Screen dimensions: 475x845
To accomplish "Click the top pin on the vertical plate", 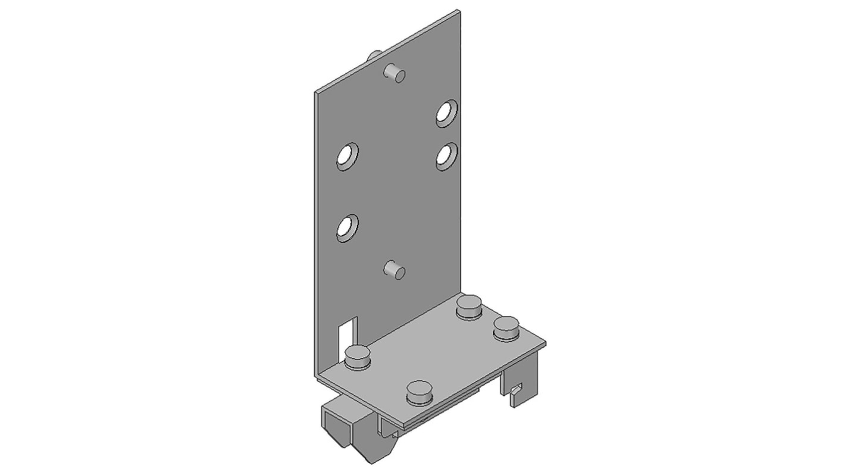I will [x=395, y=73].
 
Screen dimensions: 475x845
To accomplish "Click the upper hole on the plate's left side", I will [x=347, y=157].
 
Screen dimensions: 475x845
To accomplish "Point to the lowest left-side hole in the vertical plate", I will [x=346, y=227].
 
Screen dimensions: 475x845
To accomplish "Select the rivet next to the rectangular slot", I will [x=358, y=358].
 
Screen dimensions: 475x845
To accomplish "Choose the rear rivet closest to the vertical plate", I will [x=470, y=307].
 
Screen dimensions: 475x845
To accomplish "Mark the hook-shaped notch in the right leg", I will [x=515, y=390].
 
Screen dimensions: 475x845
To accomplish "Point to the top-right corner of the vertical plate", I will [x=459, y=11].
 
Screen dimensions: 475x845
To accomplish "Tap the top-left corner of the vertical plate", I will [x=315, y=92].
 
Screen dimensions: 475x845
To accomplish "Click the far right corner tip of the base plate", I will [x=544, y=342].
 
